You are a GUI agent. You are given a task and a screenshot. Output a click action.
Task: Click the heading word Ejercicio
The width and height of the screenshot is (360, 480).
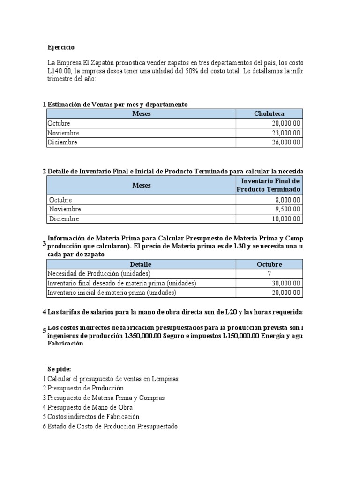[61, 47]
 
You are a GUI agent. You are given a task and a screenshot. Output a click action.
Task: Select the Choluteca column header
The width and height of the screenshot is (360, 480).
[269, 114]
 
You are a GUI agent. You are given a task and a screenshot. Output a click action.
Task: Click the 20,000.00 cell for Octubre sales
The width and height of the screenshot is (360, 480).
[286, 123]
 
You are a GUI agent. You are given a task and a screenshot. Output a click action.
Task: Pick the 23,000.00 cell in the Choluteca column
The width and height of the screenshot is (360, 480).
[286, 133]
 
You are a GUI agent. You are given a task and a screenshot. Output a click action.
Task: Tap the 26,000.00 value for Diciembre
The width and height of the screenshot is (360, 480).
[286, 142]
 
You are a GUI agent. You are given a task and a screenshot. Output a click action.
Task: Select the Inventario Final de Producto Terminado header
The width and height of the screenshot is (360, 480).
[269, 185]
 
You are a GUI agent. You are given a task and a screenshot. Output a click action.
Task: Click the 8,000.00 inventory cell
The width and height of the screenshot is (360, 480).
[288, 200]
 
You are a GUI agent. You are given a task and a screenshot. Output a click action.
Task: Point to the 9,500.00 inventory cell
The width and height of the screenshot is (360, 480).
[288, 209]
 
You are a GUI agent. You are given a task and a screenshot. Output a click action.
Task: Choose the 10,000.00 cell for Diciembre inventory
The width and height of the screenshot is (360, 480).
[286, 219]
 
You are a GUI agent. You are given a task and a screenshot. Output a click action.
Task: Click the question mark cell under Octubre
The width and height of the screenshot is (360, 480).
[269, 274]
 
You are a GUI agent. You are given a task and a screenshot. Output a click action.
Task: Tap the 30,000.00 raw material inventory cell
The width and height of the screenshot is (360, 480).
[286, 283]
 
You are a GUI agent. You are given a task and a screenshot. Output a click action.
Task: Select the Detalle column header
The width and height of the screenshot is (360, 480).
[141, 264]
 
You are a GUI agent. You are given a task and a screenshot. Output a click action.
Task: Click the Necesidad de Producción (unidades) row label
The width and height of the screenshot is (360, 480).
[99, 274]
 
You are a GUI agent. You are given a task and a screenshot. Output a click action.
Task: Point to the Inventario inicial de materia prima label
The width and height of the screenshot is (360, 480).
[112, 292]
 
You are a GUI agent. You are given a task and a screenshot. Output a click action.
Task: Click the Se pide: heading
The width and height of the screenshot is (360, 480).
[59, 369]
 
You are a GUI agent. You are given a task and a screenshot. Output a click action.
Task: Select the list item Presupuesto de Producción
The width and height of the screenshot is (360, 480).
[86, 388]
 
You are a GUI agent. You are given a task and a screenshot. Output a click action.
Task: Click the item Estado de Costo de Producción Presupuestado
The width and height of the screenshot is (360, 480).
[112, 427]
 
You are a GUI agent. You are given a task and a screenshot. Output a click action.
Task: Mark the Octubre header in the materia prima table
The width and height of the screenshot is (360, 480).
[269, 264]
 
